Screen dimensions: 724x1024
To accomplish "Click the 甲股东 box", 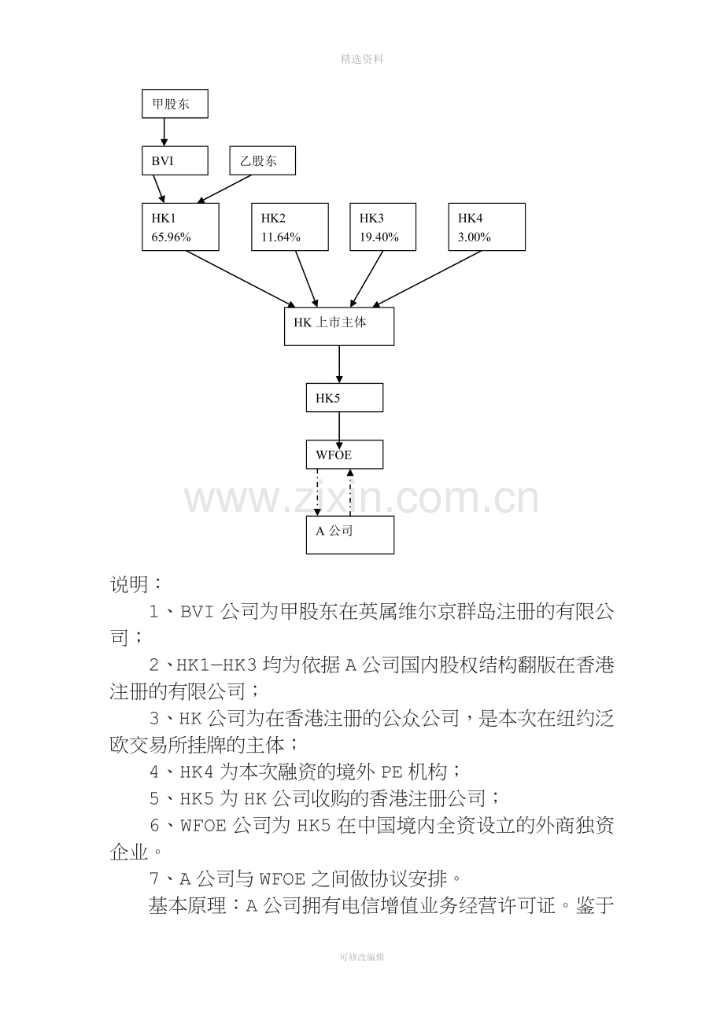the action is tap(175, 104).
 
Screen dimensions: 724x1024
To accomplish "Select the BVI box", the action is tap(175, 160).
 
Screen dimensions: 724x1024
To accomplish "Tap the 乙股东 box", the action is tap(263, 160).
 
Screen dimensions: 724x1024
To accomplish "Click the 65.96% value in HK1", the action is tap(171, 237).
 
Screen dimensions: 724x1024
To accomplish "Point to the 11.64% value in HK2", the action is tap(281, 237).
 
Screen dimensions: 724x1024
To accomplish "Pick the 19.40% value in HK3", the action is tap(379, 237).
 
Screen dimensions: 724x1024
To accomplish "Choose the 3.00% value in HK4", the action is tap(475, 237).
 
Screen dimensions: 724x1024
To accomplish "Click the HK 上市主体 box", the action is tap(339, 326).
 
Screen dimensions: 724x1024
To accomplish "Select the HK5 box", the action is tap(345, 398).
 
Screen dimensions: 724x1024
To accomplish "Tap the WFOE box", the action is tap(345, 455).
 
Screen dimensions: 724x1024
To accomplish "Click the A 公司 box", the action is tap(350, 535).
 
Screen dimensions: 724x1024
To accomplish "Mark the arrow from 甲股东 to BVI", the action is tap(164, 132).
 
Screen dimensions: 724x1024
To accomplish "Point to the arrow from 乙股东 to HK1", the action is tap(224, 189).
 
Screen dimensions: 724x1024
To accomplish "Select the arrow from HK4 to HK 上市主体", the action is tap(427, 279).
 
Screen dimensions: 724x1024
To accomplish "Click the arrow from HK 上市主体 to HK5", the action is tap(339, 364).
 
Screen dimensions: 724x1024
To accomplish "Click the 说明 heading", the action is tap(129, 584).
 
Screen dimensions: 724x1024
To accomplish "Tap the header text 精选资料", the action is tap(362, 59).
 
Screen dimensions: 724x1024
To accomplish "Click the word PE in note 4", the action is tap(391, 772).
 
